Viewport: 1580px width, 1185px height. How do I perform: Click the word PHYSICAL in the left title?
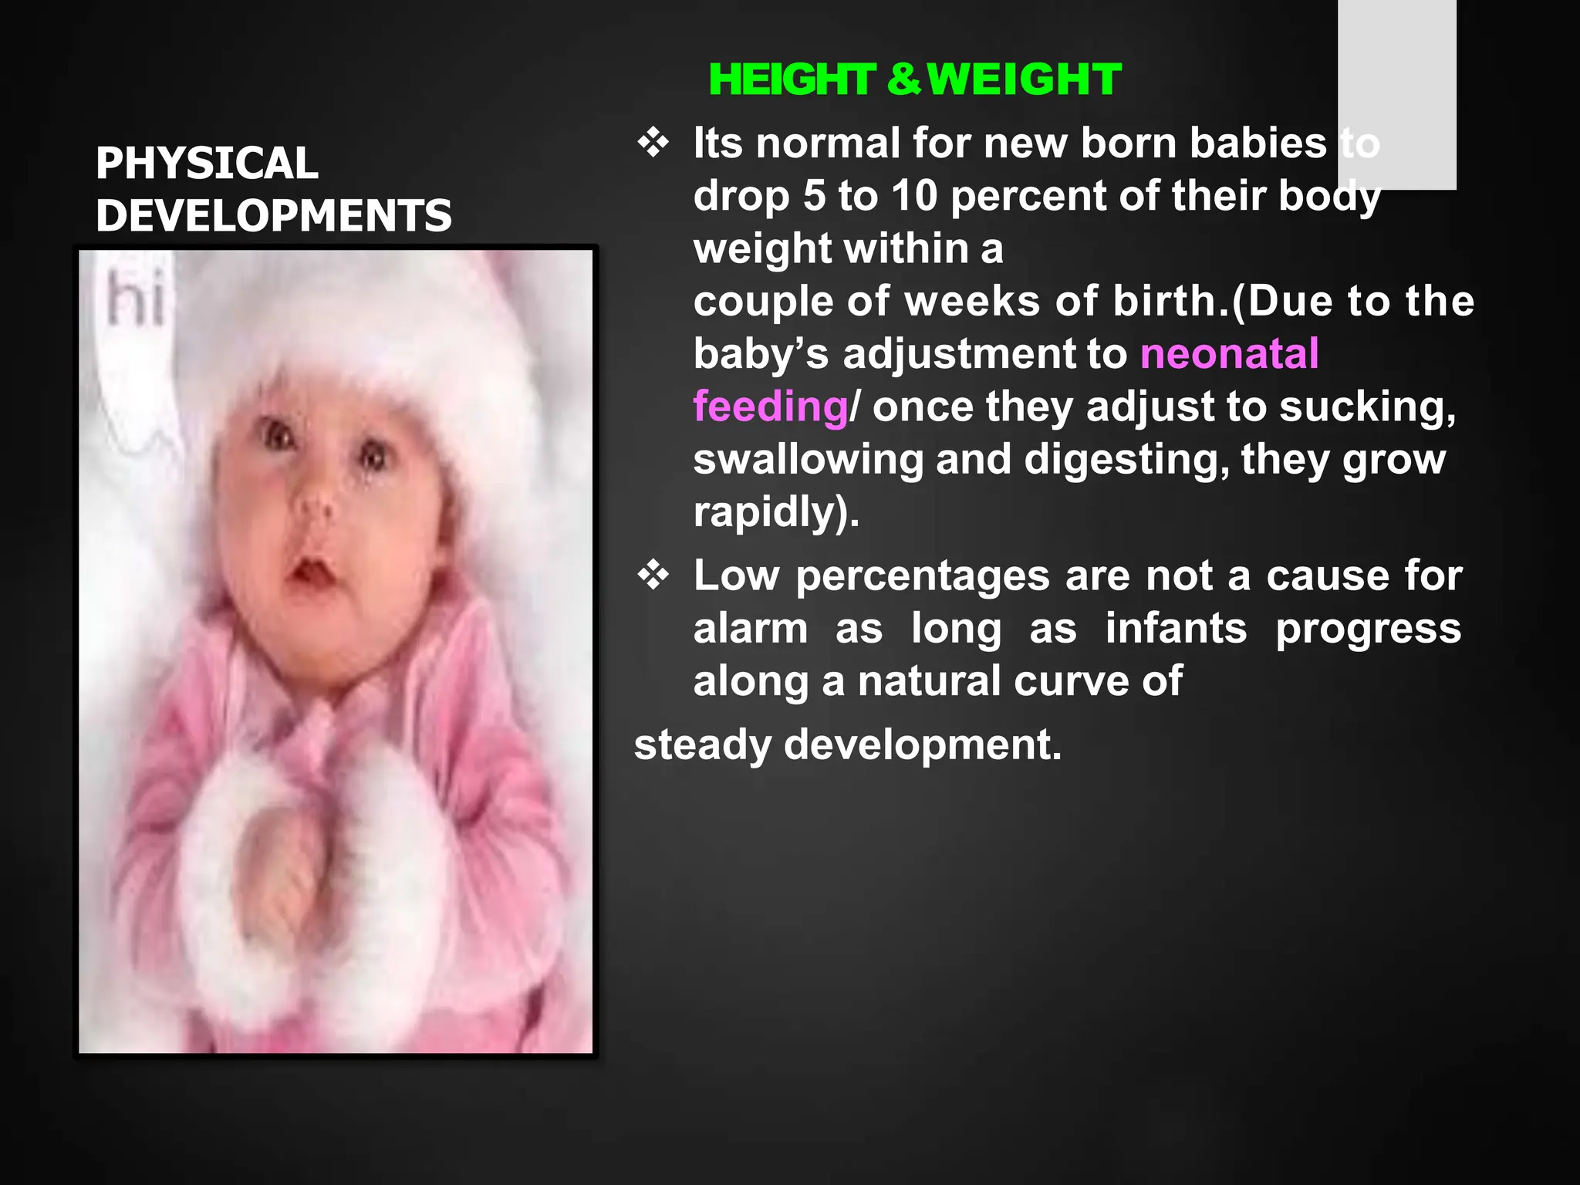click(207, 164)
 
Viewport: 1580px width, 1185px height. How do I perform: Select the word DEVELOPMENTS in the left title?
click(274, 215)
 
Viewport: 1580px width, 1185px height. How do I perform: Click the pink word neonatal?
click(1229, 354)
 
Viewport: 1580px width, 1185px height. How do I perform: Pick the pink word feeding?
click(770, 407)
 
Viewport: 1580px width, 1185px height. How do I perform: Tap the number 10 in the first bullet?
click(914, 196)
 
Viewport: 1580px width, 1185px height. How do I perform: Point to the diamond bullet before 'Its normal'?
click(653, 143)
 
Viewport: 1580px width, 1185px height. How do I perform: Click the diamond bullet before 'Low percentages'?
click(653, 576)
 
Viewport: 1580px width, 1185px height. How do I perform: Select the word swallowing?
click(808, 460)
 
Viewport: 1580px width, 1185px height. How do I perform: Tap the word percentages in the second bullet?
click(923, 576)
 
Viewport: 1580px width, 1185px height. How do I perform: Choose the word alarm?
click(751, 629)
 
